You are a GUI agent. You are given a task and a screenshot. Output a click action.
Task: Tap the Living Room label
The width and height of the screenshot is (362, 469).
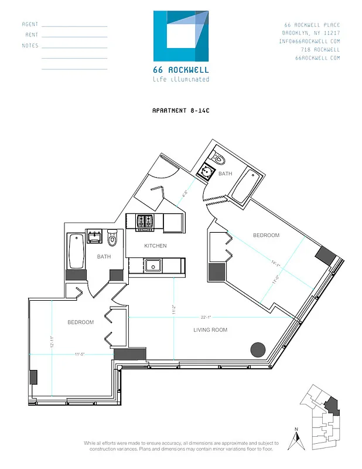click(x=210, y=330)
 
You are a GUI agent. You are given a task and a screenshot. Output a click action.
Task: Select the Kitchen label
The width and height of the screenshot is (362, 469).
click(x=155, y=246)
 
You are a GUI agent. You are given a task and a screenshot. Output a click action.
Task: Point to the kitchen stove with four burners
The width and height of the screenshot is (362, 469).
click(x=145, y=222)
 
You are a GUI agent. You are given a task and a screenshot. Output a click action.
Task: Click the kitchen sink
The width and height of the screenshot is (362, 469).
click(x=154, y=266)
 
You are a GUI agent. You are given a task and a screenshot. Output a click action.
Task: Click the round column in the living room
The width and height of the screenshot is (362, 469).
click(x=258, y=350)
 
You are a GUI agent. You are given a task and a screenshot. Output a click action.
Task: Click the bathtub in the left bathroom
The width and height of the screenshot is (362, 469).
click(x=76, y=251)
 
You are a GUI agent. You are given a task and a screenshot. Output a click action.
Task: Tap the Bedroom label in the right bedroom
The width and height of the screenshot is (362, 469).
click(x=266, y=235)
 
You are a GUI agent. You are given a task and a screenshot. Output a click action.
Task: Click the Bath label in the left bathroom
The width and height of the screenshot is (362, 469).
click(x=104, y=256)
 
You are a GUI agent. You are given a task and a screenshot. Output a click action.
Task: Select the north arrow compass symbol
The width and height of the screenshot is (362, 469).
click(x=296, y=441)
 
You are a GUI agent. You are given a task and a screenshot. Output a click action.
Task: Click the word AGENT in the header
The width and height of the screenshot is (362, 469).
click(x=30, y=25)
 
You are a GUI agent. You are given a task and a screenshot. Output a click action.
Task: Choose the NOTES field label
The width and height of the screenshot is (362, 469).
click(x=30, y=46)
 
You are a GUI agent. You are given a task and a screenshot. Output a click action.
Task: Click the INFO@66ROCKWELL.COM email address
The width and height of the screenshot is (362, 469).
click(x=310, y=42)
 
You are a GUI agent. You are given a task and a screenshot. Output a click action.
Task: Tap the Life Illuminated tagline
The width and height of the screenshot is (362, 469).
click(x=180, y=79)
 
